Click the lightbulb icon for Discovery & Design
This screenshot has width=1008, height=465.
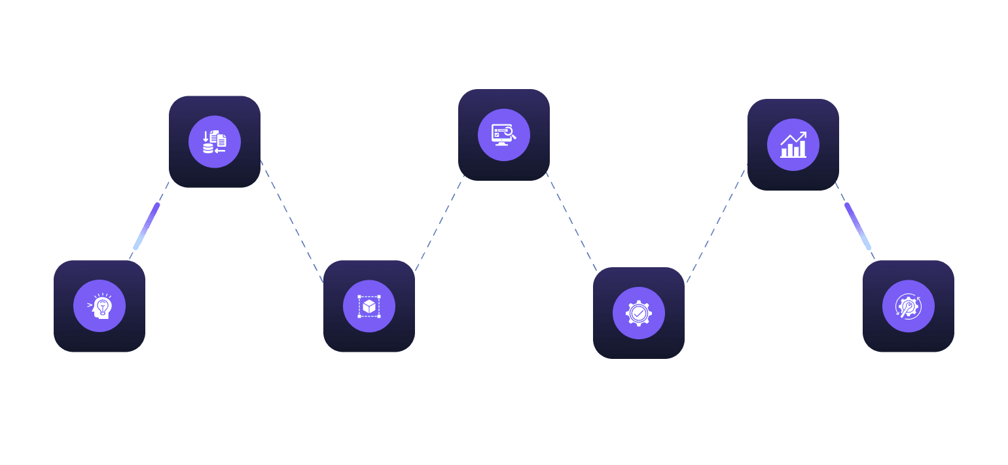click(x=99, y=306)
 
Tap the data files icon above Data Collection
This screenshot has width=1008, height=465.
click(x=215, y=141)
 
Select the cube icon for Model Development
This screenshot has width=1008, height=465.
click(x=369, y=306)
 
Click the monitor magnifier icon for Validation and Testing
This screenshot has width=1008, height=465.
click(x=504, y=134)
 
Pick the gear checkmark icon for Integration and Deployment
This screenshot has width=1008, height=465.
click(x=639, y=312)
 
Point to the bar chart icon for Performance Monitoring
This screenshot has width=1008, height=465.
click(x=793, y=145)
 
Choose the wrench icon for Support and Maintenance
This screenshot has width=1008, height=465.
click(x=909, y=306)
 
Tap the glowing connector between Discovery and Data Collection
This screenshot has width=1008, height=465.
click(x=147, y=226)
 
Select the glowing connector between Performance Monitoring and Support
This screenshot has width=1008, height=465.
click(x=858, y=226)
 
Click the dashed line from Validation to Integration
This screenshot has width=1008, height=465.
click(x=571, y=223)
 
